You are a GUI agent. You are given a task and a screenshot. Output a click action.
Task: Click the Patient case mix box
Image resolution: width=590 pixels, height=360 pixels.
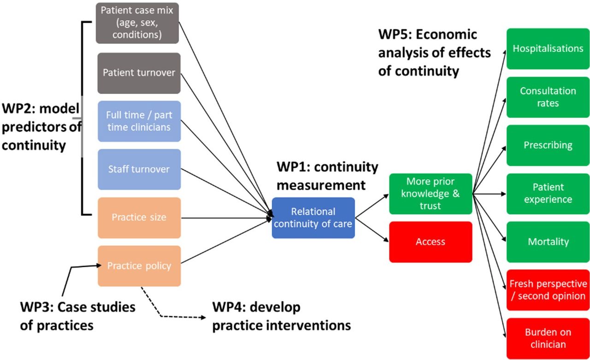(137, 23)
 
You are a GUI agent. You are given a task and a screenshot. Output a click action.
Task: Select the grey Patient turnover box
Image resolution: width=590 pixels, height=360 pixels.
(139, 73)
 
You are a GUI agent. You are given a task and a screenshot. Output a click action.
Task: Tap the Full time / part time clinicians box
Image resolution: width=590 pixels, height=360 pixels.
(139, 121)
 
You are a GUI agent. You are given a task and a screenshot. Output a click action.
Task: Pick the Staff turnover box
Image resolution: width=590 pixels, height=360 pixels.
(139, 169)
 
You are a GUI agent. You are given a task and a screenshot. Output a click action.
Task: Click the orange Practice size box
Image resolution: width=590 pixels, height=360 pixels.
(139, 218)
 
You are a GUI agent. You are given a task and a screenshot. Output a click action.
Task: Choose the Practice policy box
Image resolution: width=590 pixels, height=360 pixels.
(139, 266)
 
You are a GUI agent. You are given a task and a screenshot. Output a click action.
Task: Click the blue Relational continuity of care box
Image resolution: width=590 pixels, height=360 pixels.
(313, 218)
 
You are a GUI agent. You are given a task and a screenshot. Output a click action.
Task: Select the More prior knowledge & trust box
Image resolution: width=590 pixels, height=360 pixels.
(431, 194)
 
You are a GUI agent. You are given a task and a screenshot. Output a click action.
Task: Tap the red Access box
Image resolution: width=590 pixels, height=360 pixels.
(431, 242)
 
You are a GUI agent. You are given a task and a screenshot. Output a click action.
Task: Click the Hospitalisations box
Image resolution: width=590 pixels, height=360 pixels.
(548, 49)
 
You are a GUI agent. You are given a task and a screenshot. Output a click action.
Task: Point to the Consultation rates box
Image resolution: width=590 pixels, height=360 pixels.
(548, 97)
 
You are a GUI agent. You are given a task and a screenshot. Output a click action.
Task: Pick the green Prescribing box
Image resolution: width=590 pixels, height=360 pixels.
(548, 145)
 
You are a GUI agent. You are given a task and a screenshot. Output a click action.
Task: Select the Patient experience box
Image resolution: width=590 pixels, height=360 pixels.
(548, 194)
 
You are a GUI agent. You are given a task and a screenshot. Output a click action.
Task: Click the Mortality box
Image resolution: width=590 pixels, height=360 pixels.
(548, 242)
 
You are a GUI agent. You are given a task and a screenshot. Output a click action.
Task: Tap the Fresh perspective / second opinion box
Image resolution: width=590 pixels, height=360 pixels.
(548, 290)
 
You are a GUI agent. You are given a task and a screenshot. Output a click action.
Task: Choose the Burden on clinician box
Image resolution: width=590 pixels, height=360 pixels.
(548, 339)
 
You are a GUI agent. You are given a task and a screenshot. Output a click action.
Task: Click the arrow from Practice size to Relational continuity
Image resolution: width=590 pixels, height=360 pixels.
(226, 218)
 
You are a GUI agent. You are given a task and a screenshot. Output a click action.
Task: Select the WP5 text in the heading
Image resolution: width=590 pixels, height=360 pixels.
(395, 35)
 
